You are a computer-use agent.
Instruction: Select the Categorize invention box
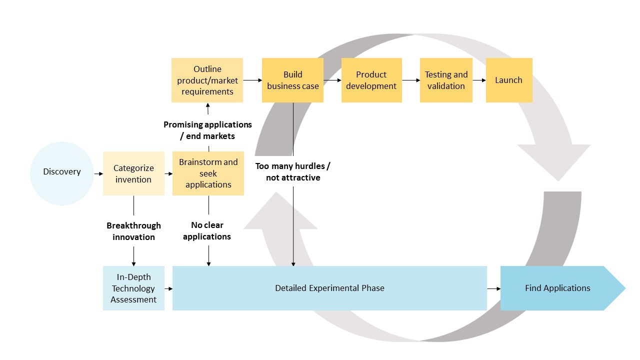coord(133,173)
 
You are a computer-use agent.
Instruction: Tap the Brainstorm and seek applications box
coord(208,173)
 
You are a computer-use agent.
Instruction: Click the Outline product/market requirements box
coord(207,80)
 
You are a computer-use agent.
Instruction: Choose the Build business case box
coord(292,80)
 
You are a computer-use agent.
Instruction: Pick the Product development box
coord(371,80)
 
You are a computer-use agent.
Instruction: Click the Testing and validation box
coord(446,80)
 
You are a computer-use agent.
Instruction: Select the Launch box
coord(508,80)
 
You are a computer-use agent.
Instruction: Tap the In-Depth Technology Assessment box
coord(133,288)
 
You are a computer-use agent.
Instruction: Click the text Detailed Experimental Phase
coord(329,288)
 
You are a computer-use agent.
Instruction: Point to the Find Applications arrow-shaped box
coord(558,288)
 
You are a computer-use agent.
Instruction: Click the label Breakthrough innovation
coord(133,231)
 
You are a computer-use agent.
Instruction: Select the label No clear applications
coord(207,231)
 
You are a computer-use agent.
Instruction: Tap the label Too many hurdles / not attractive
coord(293,171)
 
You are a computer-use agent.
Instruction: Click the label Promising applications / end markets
coord(207,130)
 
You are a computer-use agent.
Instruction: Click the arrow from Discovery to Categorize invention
coord(98,173)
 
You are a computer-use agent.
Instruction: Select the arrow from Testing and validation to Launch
coord(479,80)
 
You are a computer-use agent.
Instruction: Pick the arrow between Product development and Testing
coord(410,80)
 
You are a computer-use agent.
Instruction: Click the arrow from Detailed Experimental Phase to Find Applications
coord(493,288)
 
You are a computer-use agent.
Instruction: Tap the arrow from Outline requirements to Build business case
coord(252,80)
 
